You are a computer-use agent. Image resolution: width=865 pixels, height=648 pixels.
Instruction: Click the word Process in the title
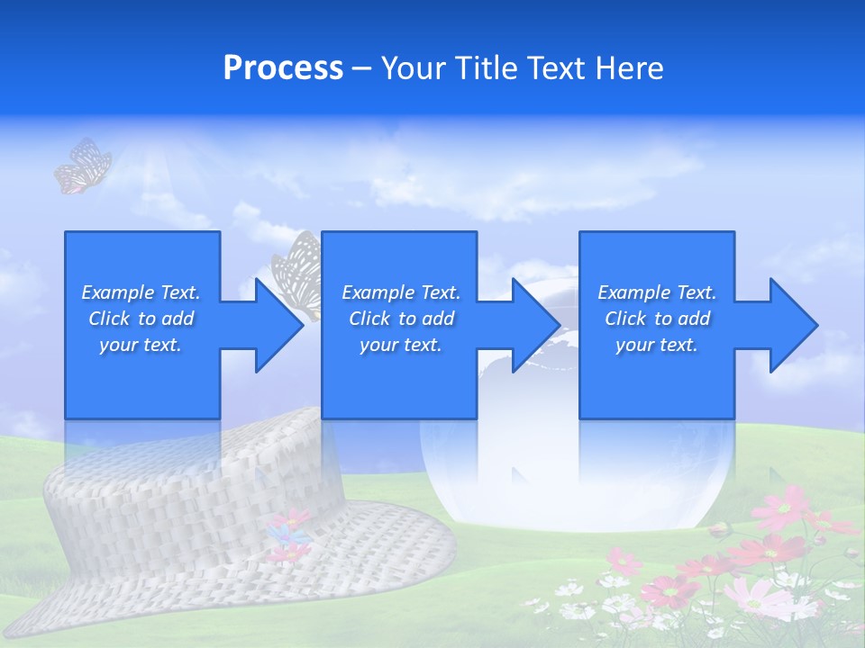point(283,68)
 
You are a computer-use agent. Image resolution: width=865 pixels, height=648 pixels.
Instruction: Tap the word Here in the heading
point(627,68)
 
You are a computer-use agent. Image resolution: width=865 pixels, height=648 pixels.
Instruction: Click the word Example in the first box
point(117,292)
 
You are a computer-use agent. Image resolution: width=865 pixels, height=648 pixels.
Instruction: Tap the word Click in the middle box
point(369,319)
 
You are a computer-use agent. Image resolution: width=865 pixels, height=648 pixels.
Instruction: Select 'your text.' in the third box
point(657,345)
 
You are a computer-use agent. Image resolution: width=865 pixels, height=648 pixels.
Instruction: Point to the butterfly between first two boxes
point(298,270)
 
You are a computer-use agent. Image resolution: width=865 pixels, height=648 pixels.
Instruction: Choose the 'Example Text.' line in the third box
point(657,292)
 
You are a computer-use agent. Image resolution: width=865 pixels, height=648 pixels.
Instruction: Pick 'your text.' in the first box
point(141,345)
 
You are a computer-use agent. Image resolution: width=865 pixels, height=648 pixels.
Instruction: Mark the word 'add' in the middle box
point(437,319)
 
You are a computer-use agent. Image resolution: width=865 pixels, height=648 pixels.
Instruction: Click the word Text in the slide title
point(554,68)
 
